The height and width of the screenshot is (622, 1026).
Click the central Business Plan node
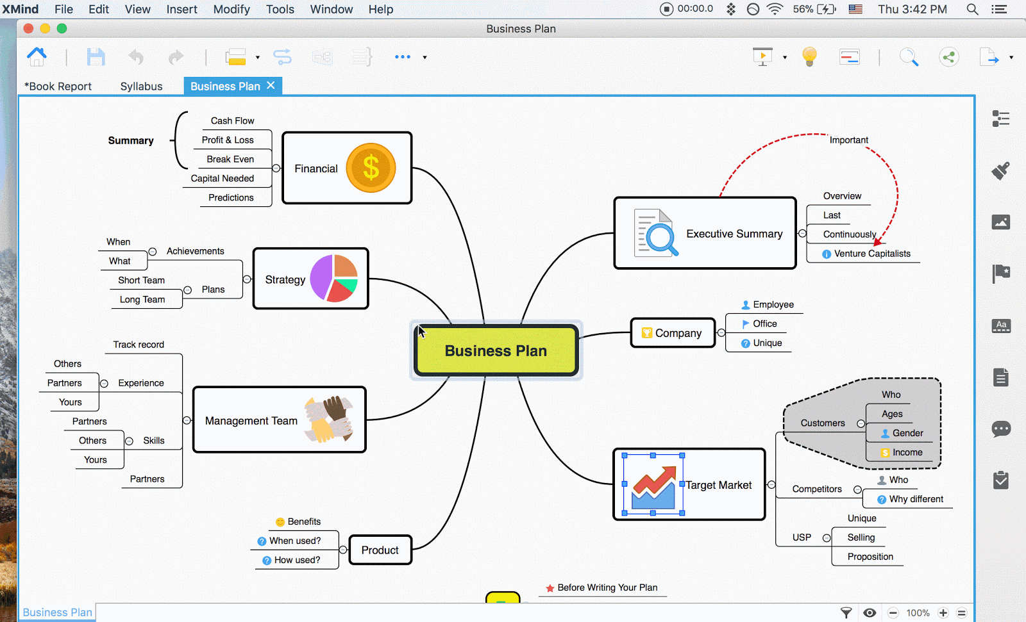(496, 350)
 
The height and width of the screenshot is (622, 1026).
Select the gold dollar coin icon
(371, 168)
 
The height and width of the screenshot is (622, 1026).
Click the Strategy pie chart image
(334, 279)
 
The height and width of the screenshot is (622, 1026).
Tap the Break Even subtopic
(230, 159)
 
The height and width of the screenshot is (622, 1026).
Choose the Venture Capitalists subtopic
(871, 254)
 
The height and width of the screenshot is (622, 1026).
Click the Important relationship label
(848, 140)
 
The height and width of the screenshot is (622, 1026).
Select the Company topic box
(673, 333)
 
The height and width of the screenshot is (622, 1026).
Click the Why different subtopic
(916, 499)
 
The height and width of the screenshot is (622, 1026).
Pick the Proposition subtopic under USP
(870, 557)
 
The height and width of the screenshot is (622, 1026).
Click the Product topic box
(380, 550)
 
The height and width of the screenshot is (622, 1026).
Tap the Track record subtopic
(139, 345)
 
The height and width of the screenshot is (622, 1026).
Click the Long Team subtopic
(142, 299)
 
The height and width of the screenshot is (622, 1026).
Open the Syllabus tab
(141, 86)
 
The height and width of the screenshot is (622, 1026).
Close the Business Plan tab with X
(271, 85)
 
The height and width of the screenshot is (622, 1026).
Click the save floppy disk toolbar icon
(96, 57)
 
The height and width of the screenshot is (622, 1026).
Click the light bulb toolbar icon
(809, 57)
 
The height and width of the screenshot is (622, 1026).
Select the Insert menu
(181, 9)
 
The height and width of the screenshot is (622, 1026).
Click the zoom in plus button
(943, 613)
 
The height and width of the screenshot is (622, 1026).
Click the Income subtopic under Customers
(907, 452)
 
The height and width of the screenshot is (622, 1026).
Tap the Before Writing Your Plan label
(607, 587)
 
